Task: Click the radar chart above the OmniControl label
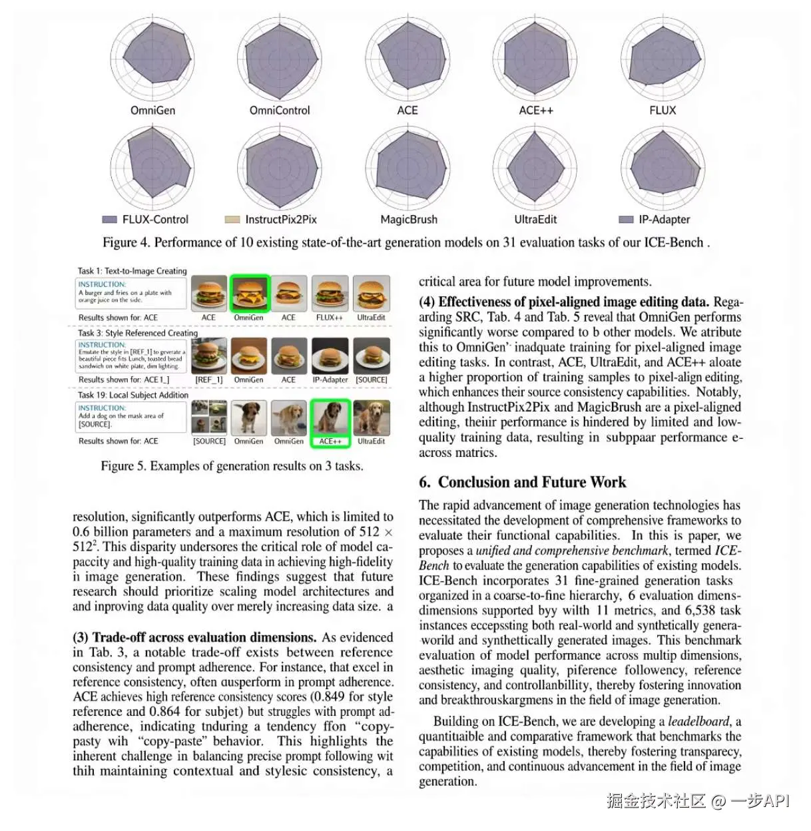(280, 59)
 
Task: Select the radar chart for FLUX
(663, 59)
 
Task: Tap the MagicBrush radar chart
(407, 168)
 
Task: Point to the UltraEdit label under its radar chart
(535, 220)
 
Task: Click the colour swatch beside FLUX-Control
(109, 220)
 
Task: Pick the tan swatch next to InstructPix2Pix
(232, 220)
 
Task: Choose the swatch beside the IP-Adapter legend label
(626, 220)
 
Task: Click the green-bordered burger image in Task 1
(249, 293)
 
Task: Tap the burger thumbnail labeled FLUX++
(330, 293)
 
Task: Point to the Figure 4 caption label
(127, 242)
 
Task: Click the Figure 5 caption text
(232, 466)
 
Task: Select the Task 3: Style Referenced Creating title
(138, 333)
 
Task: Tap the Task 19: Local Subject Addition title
(133, 395)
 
